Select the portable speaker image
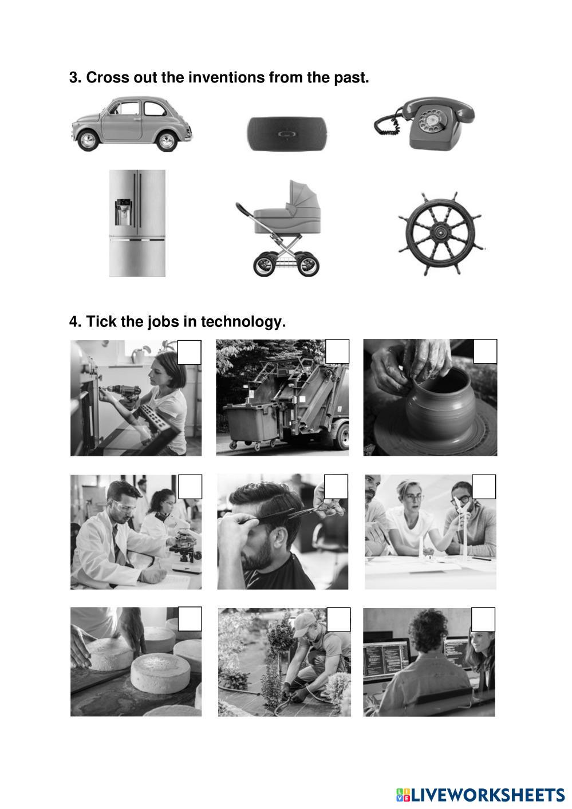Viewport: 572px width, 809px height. coord(287,134)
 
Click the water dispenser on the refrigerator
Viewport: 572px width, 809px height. coord(123,212)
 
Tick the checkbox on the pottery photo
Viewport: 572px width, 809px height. coord(484,352)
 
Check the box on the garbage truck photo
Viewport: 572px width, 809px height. coord(337,352)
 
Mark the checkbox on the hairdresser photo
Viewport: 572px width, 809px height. coord(336,487)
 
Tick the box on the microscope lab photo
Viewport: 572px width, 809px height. coord(190,487)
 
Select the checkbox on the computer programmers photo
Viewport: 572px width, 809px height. coord(483,619)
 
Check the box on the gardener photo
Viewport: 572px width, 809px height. coord(338,619)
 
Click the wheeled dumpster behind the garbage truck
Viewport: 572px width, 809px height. coord(251,426)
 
